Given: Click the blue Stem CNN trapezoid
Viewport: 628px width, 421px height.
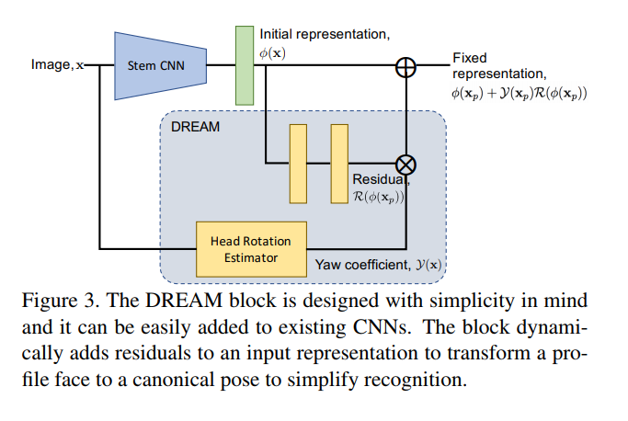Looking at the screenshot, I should tap(151, 66).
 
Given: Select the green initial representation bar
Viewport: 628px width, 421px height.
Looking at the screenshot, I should tap(244, 65).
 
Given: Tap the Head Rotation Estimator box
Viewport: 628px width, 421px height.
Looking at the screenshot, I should tap(250, 248).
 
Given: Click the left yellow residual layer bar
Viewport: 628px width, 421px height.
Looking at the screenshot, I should tap(297, 163).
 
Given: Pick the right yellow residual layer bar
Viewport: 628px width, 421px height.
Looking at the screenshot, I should tap(339, 163).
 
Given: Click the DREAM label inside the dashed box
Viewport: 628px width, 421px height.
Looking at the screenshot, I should tap(195, 127).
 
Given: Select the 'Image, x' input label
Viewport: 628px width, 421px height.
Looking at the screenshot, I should tap(57, 65).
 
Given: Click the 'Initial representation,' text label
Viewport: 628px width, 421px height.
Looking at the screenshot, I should tap(325, 33).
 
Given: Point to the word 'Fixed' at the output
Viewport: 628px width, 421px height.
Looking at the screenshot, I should tap(469, 57).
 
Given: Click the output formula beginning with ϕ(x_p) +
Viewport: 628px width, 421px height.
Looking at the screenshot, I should tap(519, 93).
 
